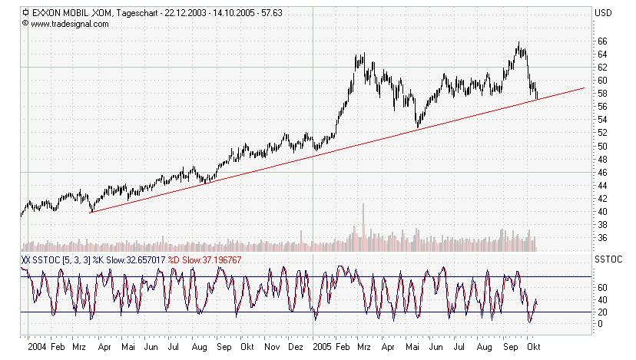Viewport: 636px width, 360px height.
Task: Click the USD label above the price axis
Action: coord(603,12)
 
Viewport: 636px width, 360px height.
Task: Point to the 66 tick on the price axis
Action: coord(604,41)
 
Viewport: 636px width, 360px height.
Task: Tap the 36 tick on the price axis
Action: coord(604,238)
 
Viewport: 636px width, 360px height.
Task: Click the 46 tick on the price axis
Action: coord(604,172)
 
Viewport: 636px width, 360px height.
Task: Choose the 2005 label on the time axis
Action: coord(323,347)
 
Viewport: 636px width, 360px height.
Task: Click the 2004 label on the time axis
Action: coord(36,347)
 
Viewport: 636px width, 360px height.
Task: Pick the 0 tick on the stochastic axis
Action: coord(601,324)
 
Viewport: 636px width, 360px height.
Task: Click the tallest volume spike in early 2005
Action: coord(363,223)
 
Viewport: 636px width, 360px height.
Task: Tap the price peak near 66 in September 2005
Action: coord(519,44)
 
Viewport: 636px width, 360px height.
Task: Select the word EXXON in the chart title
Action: coord(48,12)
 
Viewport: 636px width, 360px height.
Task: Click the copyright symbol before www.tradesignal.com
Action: coord(26,24)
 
